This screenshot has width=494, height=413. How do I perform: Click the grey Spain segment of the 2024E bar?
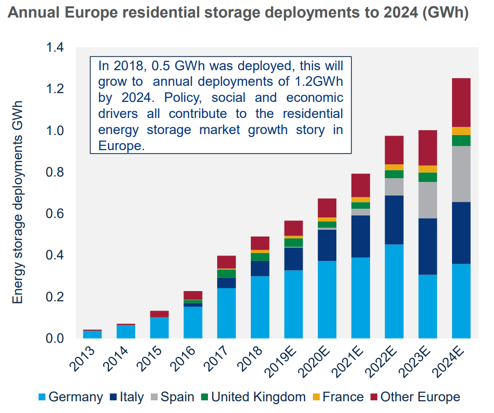point(461,174)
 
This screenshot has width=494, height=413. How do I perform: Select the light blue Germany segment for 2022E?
point(394,291)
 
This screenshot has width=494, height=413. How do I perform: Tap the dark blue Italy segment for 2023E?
point(428,246)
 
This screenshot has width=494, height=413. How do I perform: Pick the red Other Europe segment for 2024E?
point(461,102)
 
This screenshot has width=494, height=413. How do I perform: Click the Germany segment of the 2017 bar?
point(226,313)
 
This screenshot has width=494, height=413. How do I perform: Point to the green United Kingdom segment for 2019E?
point(293,242)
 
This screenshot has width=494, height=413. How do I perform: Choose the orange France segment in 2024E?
point(461,131)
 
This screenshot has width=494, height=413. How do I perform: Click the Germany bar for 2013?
point(92,334)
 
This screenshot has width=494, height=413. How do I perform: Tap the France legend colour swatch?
point(318,397)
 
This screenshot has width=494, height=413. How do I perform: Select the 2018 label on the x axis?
point(253,357)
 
